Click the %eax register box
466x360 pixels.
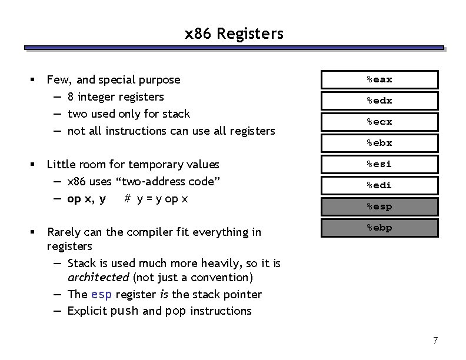[380, 79]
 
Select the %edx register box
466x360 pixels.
[380, 101]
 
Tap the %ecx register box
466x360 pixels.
[380, 122]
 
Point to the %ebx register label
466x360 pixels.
[380, 143]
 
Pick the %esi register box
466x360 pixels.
[380, 164]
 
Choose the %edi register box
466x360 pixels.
[380, 185]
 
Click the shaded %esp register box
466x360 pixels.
[380, 206]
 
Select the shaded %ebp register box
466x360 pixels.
[380, 228]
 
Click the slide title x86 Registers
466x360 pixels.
[234, 34]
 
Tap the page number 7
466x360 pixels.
[435, 340]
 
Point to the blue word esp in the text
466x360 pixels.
[102, 294]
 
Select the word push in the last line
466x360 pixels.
[125, 311]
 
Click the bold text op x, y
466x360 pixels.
[86, 199]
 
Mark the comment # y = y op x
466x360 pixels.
[157, 199]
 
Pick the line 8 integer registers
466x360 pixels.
[115, 96]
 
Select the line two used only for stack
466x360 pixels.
[128, 114]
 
